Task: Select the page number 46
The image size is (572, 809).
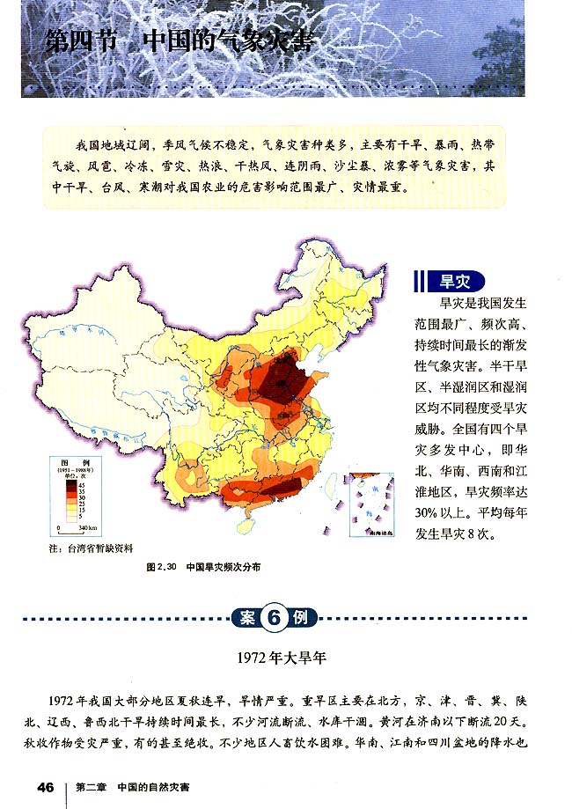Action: (x=46, y=786)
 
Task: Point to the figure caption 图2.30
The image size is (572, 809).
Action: (x=165, y=568)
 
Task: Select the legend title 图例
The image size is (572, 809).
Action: (x=71, y=461)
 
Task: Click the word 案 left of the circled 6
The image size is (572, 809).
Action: (x=247, y=617)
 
